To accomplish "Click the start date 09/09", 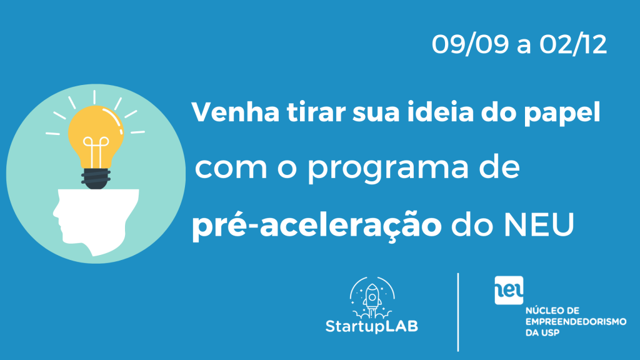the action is tap(471, 44).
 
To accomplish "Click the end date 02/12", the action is tap(573, 44).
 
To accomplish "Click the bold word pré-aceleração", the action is tap(317, 226).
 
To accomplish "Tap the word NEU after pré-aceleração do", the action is tap(539, 224).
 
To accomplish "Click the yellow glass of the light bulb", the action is tap(96, 135).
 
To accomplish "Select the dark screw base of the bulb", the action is tap(96, 179).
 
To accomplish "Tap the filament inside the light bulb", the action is tap(96, 152).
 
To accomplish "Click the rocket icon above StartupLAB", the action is tap(372, 297).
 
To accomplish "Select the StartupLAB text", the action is tap(372, 326).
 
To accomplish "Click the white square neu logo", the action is tap(509, 290).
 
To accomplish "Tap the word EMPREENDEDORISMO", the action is tap(576, 322).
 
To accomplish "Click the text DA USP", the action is tap(542, 332).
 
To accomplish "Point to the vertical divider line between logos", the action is tap(458, 312).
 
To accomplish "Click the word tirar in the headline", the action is tap(316, 112).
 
